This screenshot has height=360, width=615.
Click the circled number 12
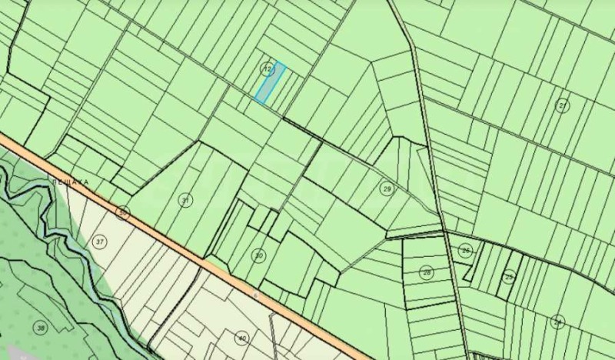pyautogui.click(x=267, y=68)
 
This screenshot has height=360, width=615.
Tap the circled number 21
pyautogui.click(x=563, y=105)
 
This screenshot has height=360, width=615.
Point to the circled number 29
pyautogui.click(x=387, y=188)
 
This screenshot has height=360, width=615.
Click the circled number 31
pyautogui.click(x=185, y=200)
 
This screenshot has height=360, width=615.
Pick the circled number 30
pyautogui.click(x=259, y=255)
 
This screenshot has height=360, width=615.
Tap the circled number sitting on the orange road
pyautogui.click(x=122, y=212)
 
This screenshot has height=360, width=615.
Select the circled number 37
pyautogui.click(x=100, y=242)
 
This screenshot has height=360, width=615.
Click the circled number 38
pyautogui.click(x=40, y=328)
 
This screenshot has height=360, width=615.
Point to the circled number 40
pyautogui.click(x=242, y=338)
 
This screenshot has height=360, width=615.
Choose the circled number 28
pyautogui.click(x=427, y=272)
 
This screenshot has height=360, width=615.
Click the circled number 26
pyautogui.click(x=466, y=251)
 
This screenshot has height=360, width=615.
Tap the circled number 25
pyautogui.click(x=509, y=275)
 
